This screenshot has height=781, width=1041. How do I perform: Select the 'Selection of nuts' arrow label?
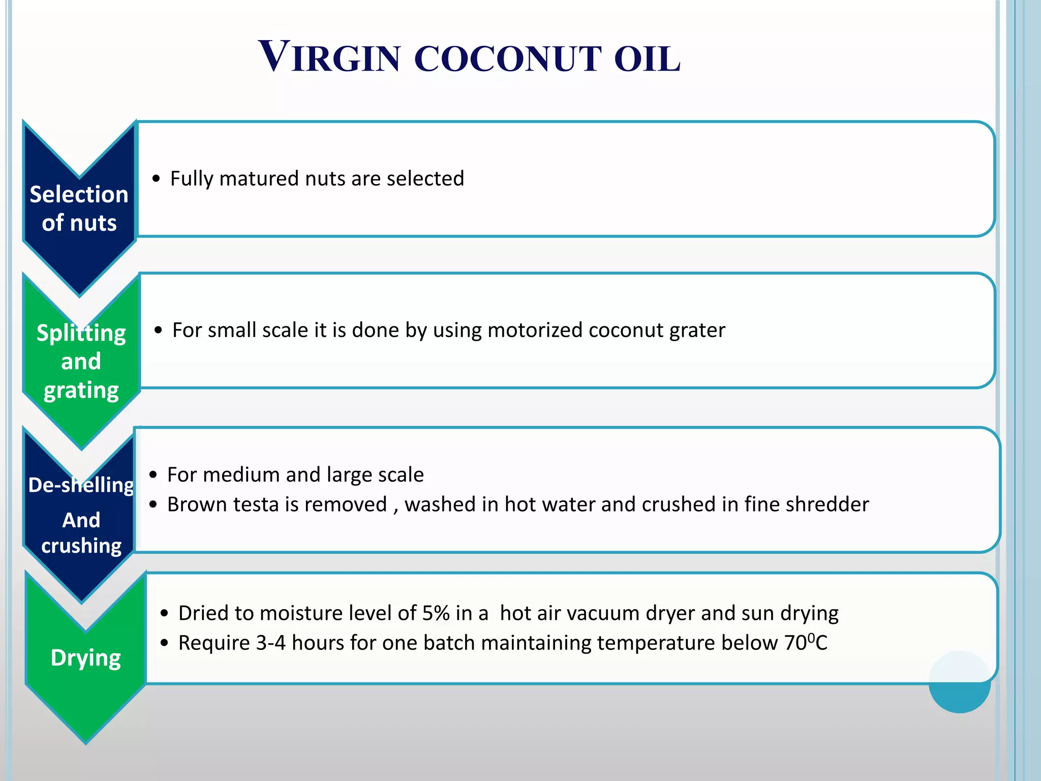[79, 208]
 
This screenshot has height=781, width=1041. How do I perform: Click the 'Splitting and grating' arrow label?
[81, 362]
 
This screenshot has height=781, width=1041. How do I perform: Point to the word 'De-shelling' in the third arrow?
[81, 485]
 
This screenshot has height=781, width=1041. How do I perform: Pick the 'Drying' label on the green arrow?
[86, 657]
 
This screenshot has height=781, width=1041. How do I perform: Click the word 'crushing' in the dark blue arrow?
[81, 546]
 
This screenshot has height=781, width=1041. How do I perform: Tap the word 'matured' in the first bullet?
[259, 178]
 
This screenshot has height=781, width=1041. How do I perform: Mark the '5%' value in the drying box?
[436, 613]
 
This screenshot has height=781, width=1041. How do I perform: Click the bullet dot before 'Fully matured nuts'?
[156, 179]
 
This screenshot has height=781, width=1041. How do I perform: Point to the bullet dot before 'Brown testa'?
[153, 505]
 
